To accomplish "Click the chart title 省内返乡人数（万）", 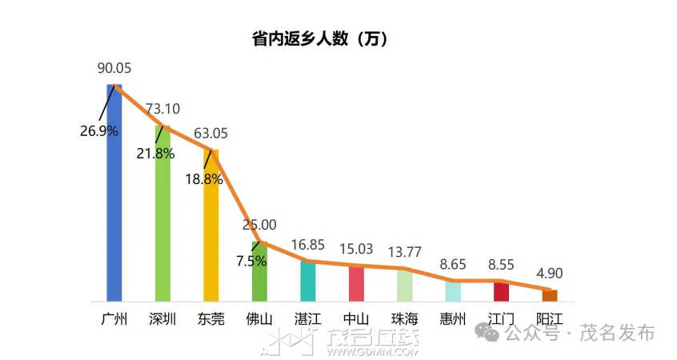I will click(320, 38).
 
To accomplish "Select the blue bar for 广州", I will click(114, 200).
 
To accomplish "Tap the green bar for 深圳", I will click(162, 216).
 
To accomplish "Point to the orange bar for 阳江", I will click(550, 295).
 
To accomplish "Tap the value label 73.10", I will click(162, 110).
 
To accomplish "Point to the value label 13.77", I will click(405, 253).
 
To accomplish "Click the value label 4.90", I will click(550, 273).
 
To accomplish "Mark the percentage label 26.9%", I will click(99, 130).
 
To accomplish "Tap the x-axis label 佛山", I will click(259, 318).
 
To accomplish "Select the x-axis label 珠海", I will click(405, 318).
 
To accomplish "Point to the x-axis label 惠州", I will click(453, 318).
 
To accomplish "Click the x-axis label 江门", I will click(502, 318).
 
